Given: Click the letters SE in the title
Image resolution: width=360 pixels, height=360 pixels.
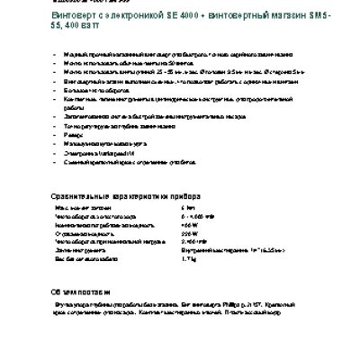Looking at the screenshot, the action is (179, 19).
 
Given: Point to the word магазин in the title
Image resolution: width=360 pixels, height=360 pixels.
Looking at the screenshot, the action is (288, 19).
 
